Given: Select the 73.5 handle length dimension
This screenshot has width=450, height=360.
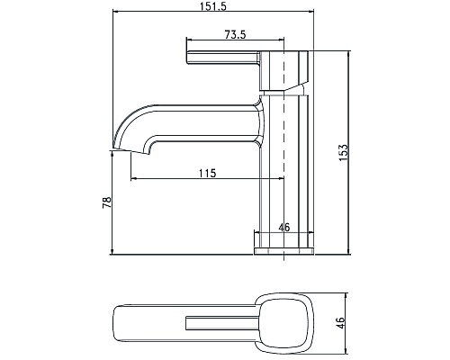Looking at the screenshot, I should [x=237, y=34].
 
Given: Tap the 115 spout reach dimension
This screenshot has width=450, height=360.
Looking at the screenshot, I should [x=207, y=173].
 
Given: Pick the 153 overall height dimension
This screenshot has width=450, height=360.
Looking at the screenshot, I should [x=343, y=152].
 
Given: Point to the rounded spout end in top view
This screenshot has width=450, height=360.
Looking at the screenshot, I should [x=121, y=322].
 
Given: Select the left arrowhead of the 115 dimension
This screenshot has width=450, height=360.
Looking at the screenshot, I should [x=135, y=178].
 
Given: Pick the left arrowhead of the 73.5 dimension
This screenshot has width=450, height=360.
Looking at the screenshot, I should [x=188, y=40].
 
